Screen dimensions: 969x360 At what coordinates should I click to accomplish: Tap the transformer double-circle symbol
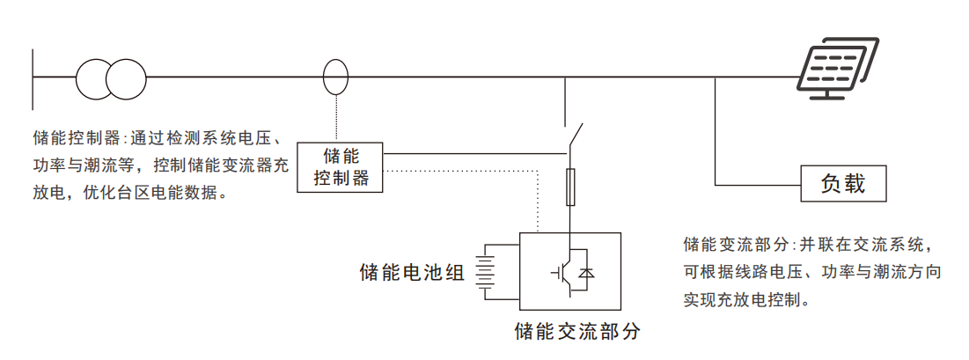[x=111, y=79]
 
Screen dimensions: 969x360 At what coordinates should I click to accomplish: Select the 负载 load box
[x=843, y=184]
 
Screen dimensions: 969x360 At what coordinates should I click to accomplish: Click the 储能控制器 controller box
[x=340, y=167]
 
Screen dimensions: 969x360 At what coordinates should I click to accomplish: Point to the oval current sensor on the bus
[x=336, y=77]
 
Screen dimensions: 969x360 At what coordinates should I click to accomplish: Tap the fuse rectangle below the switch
[x=572, y=187]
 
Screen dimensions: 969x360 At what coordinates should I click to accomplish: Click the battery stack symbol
[x=487, y=271]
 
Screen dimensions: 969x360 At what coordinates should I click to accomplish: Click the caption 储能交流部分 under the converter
[x=577, y=332]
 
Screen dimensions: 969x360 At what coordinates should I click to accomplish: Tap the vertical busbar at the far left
[x=33, y=78]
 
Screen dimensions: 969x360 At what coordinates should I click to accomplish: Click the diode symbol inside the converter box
[x=586, y=272]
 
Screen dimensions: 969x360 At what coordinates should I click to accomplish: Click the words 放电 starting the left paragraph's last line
[x=48, y=193]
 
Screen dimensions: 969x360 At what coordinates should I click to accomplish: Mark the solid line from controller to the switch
[x=475, y=153]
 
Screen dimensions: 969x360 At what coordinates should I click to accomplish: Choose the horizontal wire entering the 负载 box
[x=758, y=184]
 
